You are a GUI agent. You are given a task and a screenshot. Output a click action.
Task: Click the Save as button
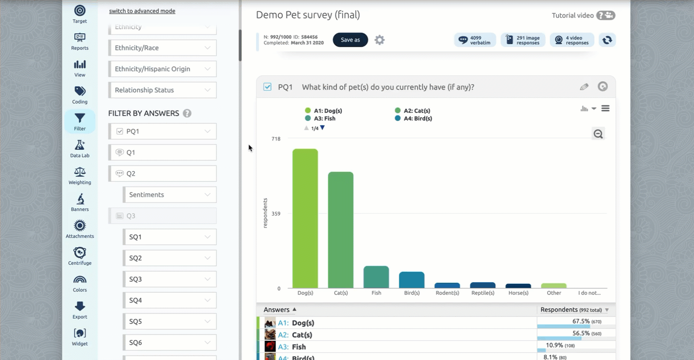pyautogui.click(x=350, y=40)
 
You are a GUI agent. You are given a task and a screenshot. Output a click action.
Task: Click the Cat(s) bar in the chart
pyautogui.click(x=341, y=230)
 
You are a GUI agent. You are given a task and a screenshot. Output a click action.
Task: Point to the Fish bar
pyautogui.click(x=376, y=277)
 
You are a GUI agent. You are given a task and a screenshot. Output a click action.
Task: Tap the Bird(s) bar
pyautogui.click(x=412, y=280)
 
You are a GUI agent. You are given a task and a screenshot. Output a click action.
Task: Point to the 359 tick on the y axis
pyautogui.click(x=276, y=214)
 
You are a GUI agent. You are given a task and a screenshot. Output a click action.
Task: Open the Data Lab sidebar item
pyautogui.click(x=80, y=149)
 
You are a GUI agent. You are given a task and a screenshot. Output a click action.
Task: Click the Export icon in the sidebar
pyautogui.click(x=80, y=310)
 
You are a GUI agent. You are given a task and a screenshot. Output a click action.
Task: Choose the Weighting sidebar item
pyautogui.click(x=80, y=176)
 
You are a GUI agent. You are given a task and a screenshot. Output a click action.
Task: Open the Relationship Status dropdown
pyautogui.click(x=162, y=90)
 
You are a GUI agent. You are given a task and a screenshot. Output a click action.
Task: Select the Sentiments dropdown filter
pyautogui.click(x=169, y=195)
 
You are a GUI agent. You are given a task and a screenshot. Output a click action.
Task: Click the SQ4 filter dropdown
pyautogui.click(x=169, y=300)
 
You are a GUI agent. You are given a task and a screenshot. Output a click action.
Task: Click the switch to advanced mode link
pyautogui.click(x=142, y=11)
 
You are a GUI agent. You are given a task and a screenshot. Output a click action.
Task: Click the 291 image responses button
pyautogui.click(x=523, y=40)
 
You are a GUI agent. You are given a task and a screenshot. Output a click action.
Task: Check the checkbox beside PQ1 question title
pyautogui.click(x=267, y=87)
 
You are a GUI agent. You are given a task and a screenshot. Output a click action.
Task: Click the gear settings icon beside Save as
pyautogui.click(x=380, y=40)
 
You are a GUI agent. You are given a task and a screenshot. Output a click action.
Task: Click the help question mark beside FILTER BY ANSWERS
pyautogui.click(x=187, y=113)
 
